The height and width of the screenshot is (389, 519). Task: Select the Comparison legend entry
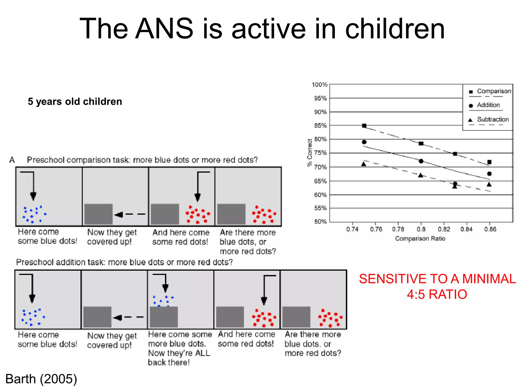494,91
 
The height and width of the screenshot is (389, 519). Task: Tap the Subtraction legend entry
493,119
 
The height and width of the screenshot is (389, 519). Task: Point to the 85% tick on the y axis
320,125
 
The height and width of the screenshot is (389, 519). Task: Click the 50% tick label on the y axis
320,222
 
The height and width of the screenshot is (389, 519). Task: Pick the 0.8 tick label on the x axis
421,229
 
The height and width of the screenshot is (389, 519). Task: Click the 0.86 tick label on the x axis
490,229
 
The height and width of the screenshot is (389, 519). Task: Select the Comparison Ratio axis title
420,239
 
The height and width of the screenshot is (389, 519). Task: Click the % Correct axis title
309,153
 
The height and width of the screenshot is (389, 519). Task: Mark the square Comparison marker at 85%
364,126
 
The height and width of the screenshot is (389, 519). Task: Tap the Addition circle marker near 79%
364,142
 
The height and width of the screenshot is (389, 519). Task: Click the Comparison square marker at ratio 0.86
489,162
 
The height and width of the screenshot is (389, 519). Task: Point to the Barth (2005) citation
41,379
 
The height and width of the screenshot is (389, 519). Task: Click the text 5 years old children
75,102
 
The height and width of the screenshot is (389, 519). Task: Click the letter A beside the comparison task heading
12,160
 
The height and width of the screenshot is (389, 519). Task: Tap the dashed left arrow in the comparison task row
130,215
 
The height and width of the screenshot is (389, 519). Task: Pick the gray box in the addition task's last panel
296,317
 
